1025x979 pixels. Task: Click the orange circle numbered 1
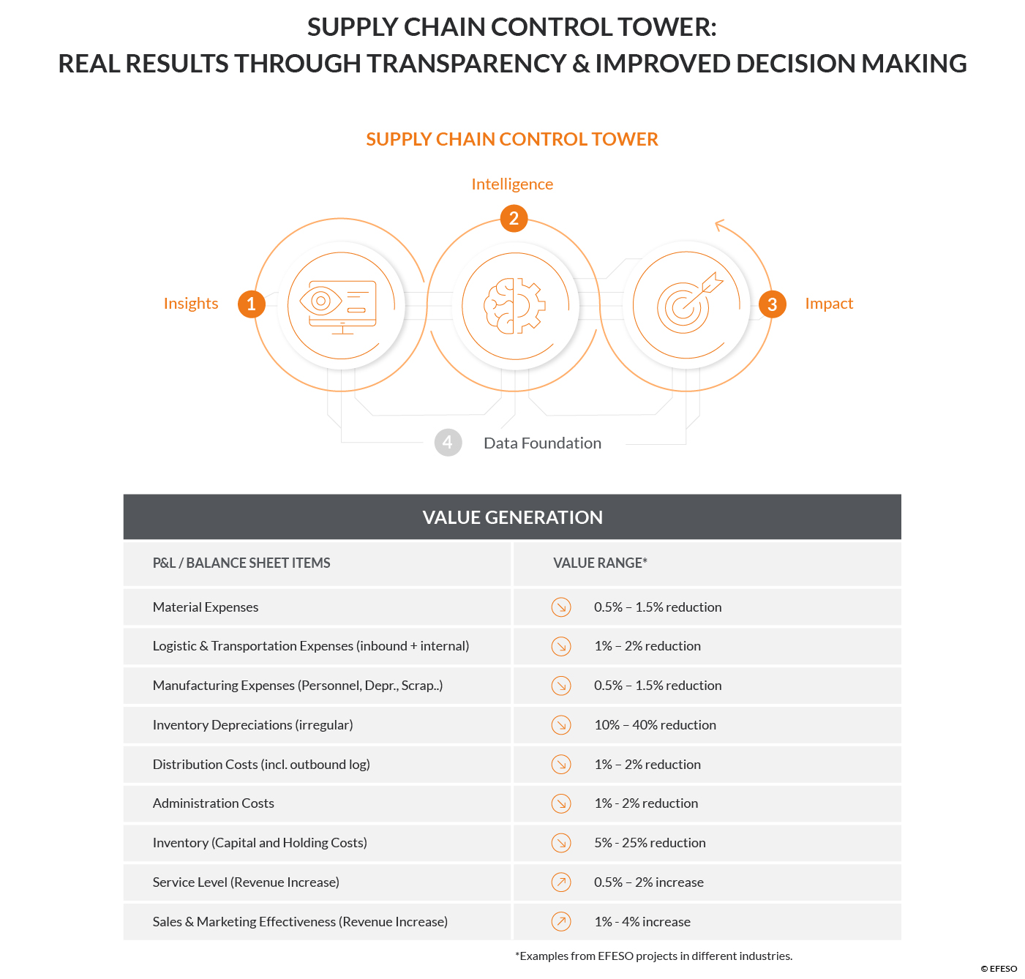[x=251, y=304]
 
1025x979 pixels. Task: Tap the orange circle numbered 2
[x=514, y=218]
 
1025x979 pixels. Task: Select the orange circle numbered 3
[x=772, y=304]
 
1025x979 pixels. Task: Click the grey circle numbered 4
[x=448, y=442]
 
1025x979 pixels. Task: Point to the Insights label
[x=191, y=304]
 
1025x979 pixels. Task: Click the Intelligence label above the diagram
[x=512, y=184]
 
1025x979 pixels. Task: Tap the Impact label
[x=828, y=304]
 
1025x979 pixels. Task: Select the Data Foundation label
[x=542, y=443]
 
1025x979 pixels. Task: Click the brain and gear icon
[x=514, y=306]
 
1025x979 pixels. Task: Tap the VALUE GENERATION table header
[x=512, y=517]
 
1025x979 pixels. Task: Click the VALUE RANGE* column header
[x=600, y=563]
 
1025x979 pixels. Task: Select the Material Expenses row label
[x=206, y=607]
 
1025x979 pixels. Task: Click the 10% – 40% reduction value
[x=655, y=724]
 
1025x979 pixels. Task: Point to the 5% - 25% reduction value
[x=650, y=842]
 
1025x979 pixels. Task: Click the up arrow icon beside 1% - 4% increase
[x=561, y=922]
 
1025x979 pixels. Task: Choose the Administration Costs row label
[x=214, y=803]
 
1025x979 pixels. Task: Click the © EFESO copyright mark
[x=999, y=969]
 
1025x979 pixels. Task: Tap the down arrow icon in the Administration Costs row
[x=561, y=803]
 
